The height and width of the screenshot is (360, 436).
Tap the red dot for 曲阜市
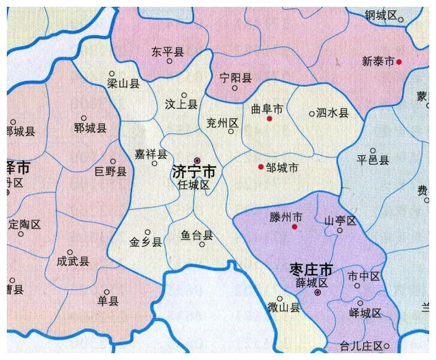[x=270, y=119]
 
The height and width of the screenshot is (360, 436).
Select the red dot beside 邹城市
[x=261, y=167]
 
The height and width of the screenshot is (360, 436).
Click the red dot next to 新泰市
[x=399, y=62]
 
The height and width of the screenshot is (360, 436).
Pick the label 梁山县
[x=124, y=84]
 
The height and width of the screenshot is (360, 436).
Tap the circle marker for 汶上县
[x=184, y=96]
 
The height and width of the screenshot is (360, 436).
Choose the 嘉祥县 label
[x=151, y=155]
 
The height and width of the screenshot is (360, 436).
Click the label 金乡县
[x=146, y=242]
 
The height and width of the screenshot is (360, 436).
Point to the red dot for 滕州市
[x=294, y=227]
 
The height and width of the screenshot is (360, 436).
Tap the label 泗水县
[x=332, y=113]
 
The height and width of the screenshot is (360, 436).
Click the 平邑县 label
[x=373, y=161]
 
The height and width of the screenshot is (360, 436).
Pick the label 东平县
[x=168, y=51]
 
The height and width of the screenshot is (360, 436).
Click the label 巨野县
[x=110, y=171]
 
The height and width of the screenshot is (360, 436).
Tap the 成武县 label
[x=73, y=259]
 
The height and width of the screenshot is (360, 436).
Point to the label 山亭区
[x=340, y=220]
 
